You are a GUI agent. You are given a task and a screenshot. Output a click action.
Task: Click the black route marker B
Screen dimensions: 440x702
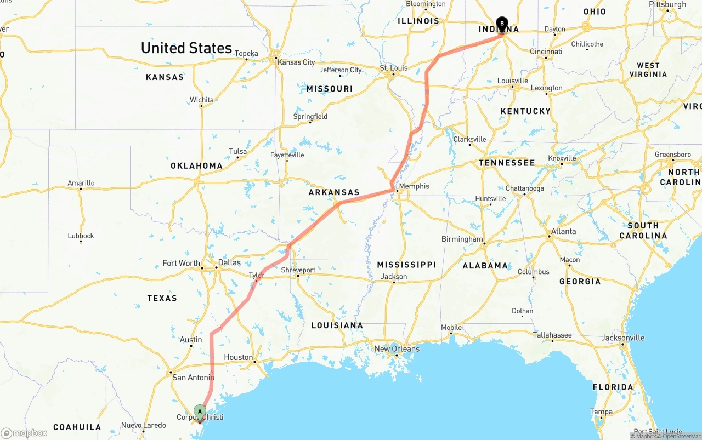pyautogui.click(x=501, y=24)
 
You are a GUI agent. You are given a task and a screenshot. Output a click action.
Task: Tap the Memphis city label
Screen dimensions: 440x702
pyautogui.click(x=414, y=186)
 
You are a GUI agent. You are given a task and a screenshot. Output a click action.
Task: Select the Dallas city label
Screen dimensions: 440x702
pyautogui.click(x=229, y=262)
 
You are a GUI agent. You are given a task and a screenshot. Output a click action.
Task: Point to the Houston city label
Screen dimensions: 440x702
pyautogui.click(x=239, y=357)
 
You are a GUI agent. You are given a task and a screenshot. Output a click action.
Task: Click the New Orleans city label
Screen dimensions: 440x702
pyautogui.click(x=397, y=348)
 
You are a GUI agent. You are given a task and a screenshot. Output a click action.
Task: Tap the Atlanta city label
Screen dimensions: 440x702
pyautogui.click(x=564, y=231)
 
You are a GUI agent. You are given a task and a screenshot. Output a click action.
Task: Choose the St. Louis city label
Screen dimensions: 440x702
pyautogui.click(x=394, y=68)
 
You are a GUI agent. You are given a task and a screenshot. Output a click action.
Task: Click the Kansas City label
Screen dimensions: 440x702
pyautogui.click(x=297, y=62)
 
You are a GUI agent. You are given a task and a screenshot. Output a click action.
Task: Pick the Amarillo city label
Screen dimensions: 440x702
pyautogui.click(x=81, y=183)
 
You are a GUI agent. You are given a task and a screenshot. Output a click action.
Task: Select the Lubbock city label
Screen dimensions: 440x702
pyautogui.click(x=81, y=236)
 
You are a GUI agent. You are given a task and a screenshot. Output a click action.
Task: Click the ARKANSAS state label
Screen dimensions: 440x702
pyautogui.click(x=334, y=192)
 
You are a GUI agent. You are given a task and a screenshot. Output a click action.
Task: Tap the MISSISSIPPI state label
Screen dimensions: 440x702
pyautogui.click(x=406, y=265)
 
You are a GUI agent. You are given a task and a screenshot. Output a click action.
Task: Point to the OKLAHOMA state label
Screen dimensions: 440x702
pyautogui.click(x=196, y=165)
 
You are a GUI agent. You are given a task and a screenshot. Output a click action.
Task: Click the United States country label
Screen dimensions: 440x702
pyautogui.click(x=186, y=48)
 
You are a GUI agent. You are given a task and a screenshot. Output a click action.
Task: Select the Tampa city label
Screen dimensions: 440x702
pyautogui.click(x=601, y=412)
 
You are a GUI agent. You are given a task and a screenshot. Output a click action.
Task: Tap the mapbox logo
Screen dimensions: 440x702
pyautogui.click(x=24, y=433)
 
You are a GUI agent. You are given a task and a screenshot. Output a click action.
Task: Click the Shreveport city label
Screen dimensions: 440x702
pyautogui.click(x=298, y=270)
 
